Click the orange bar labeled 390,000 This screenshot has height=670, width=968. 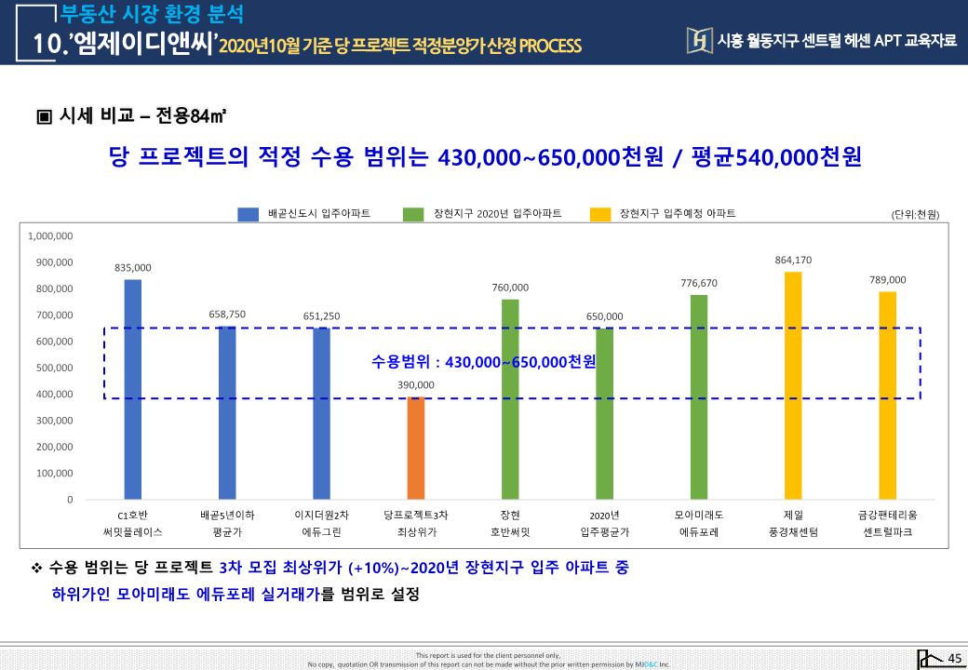tap(415, 448)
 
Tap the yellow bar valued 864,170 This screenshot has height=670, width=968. tap(793, 385)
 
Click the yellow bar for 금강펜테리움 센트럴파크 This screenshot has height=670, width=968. tap(887, 395)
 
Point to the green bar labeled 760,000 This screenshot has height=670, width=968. tap(510, 399)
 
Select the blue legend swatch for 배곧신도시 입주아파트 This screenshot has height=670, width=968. tap(248, 214)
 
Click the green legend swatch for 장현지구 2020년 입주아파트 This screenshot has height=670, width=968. tap(413, 214)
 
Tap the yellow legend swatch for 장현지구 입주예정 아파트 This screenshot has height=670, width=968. tap(600, 214)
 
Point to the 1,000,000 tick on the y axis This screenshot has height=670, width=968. tap(51, 236)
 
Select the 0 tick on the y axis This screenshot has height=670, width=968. tap(70, 500)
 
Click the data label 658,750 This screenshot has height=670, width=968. tap(227, 315)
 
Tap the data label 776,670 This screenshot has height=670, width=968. tap(698, 283)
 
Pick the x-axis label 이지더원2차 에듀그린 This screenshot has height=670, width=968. tap(321, 523)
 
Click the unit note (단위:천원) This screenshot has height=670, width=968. tap(915, 215)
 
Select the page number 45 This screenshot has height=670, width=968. tap(954, 659)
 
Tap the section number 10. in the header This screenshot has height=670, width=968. tap(47, 44)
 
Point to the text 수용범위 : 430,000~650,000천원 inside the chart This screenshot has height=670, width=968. tap(483, 361)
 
